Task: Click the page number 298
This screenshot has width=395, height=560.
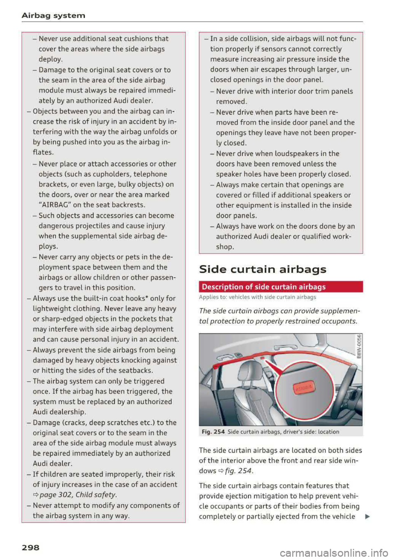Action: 30,547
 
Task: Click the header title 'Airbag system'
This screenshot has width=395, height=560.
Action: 53,16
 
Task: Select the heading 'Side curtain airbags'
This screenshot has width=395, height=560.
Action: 263,270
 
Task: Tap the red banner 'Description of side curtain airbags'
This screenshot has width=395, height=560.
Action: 281,287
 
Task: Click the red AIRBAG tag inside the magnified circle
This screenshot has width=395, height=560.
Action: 303,388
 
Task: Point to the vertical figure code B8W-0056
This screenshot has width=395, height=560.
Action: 359,346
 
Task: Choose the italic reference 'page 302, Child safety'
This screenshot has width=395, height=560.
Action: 78,495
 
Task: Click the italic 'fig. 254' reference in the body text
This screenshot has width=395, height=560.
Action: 239,471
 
